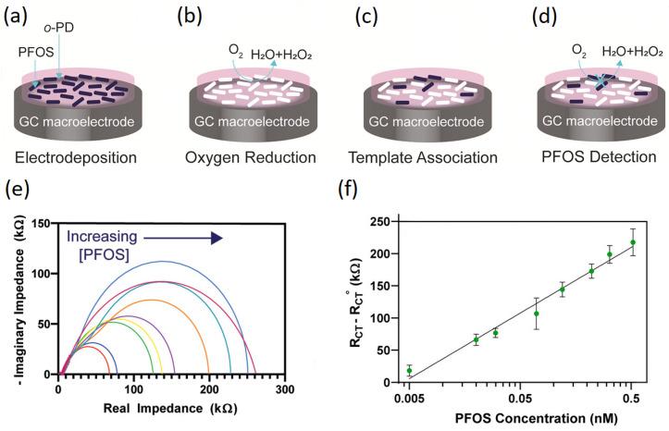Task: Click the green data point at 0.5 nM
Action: click(632, 242)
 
